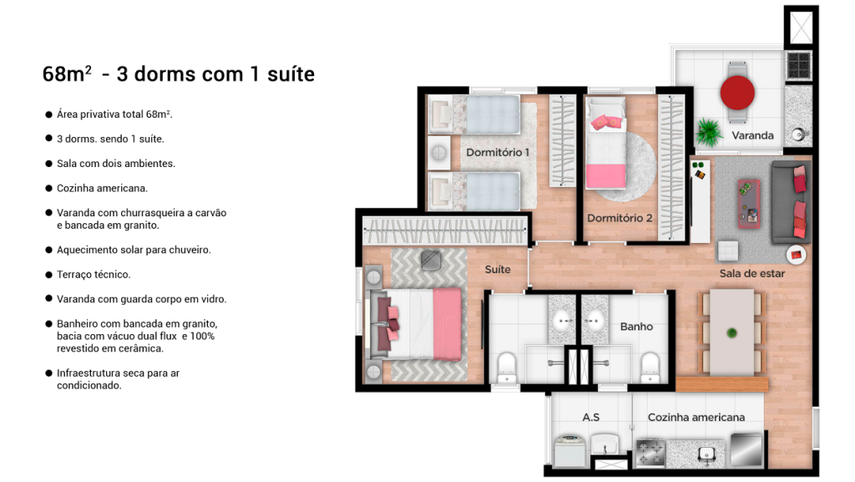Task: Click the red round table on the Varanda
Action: pos(736,93)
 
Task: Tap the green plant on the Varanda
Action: pos(709,132)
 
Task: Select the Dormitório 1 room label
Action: pos(498,153)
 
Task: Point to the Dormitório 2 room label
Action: pos(620,218)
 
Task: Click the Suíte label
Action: pos(498,269)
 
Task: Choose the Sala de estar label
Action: pos(752,274)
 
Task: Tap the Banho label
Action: pos(636,327)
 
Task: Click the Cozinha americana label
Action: pos(696,417)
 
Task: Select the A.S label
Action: pos(590,417)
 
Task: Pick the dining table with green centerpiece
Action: pos(731,332)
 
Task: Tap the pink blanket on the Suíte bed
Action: pos(448,324)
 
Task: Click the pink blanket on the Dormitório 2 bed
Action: pos(606,176)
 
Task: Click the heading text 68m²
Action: pos(67,74)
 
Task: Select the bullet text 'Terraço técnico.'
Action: pos(94,274)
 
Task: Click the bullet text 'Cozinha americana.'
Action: pos(102,188)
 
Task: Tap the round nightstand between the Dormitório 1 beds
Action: pos(439,153)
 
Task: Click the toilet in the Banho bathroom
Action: pos(650,367)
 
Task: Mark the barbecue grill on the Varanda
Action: pos(798,65)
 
